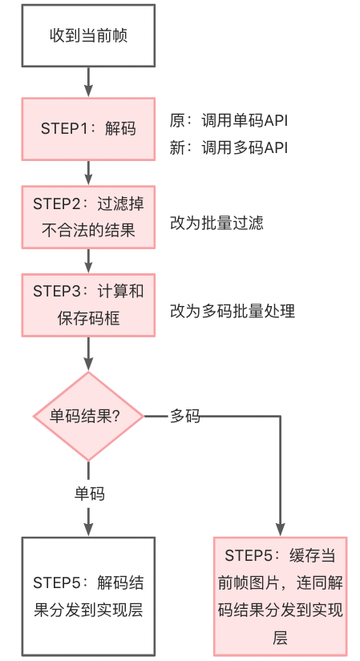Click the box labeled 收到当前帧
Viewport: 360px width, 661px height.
pos(88,35)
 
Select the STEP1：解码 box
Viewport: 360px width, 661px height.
pos(88,129)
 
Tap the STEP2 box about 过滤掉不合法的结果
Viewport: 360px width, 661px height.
pos(88,217)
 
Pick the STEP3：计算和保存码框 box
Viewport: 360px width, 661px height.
pos(88,305)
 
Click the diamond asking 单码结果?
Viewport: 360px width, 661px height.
pos(88,416)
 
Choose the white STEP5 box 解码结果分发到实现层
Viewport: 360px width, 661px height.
pos(88,596)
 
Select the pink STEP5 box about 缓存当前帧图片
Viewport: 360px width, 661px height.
pos(281,596)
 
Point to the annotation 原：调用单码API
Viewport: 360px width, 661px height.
pos(229,120)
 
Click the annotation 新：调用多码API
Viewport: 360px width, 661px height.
pos(229,148)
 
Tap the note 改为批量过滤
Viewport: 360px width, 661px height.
pos(216,223)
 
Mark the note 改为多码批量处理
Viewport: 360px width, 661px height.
pos(233,311)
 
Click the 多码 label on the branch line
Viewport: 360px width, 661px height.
pos(185,416)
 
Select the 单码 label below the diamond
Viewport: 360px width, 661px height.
pos(90,494)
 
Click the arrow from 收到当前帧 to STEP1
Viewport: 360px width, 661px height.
pos(88,82)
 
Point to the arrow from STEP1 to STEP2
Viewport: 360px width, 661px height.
pos(88,173)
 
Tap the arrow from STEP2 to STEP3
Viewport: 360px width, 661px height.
pos(88,261)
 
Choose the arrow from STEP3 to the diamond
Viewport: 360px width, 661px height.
pos(88,353)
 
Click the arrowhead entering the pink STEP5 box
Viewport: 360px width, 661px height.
pos(281,530)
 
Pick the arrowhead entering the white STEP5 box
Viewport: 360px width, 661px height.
pos(88,530)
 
